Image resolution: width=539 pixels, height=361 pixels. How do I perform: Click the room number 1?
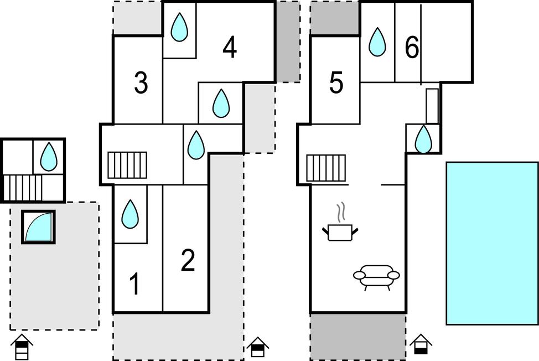pyautogui.click(x=134, y=285)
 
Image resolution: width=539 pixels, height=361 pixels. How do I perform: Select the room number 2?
pyautogui.click(x=188, y=261)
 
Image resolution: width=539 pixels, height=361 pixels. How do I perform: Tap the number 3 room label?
pyautogui.click(x=141, y=84)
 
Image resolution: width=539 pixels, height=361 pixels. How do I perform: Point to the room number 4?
pyautogui.click(x=230, y=48)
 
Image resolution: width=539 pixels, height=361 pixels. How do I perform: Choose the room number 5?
pyautogui.click(x=336, y=84)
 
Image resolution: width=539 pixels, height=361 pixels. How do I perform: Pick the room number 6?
pyautogui.click(x=412, y=49)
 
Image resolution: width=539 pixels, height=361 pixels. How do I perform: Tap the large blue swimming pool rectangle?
pyautogui.click(x=491, y=243)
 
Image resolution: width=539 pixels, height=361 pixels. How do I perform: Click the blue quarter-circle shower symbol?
pyautogui.click(x=39, y=226)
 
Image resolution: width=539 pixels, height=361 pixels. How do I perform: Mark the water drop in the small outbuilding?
pyautogui.click(x=49, y=156)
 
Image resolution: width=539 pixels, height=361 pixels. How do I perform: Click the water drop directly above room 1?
pyautogui.click(x=130, y=214)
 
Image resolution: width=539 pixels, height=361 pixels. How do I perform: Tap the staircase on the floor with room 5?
pyautogui.click(x=326, y=167)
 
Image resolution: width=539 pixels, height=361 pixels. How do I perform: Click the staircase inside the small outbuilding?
pyautogui.click(x=23, y=188)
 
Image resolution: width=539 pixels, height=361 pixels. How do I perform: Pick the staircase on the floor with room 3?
pyautogui.click(x=127, y=165)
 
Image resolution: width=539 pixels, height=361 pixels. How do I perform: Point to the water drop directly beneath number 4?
pyautogui.click(x=221, y=103)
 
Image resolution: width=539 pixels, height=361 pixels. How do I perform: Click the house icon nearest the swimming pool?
pyautogui.click(x=421, y=344)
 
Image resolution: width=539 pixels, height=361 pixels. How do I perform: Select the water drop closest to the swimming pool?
pyautogui.click(x=423, y=139)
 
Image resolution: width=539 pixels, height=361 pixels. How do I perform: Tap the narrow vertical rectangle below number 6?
pyautogui.click(x=432, y=106)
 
